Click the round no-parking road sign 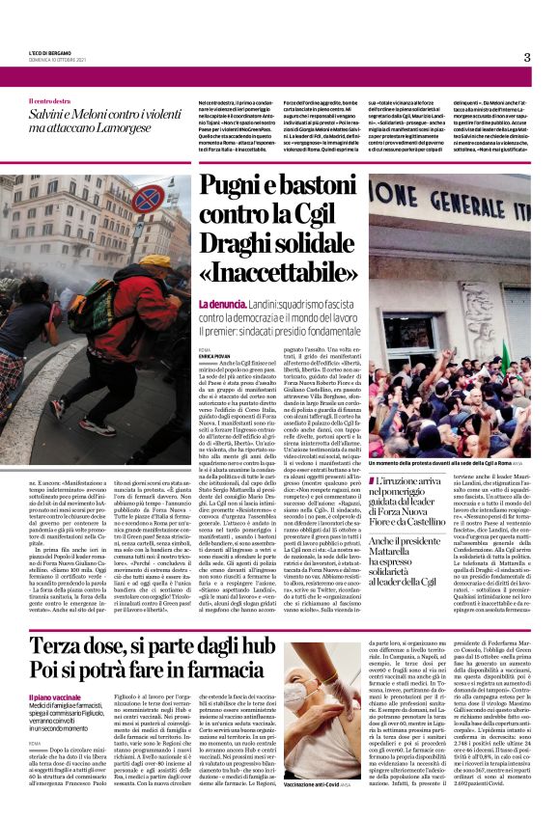click(148, 199)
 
